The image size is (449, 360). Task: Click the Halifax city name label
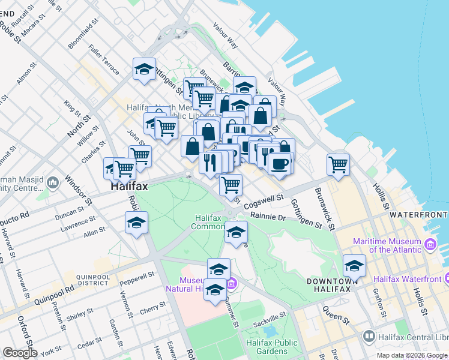pyautogui.click(x=129, y=187)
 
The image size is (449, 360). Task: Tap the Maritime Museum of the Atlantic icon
pyautogui.click(x=430, y=245)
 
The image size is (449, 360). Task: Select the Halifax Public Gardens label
pyautogui.click(x=271, y=346)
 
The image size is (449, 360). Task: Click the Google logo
pyautogui.click(x=20, y=353)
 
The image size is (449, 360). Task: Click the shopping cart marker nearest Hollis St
pyautogui.click(x=339, y=164)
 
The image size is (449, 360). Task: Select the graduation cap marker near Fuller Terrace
pyautogui.click(x=144, y=70)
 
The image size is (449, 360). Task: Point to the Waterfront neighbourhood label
pyautogui.click(x=418, y=215)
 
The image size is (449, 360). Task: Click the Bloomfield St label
pyautogui.click(x=83, y=37)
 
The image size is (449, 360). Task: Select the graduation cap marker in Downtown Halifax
pyautogui.click(x=354, y=265)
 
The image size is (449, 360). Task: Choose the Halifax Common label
pyautogui.click(x=208, y=222)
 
